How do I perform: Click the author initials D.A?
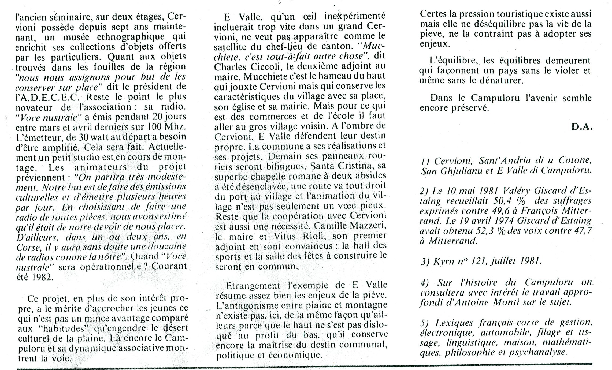(582, 127)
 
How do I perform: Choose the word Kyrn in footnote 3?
(445, 261)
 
